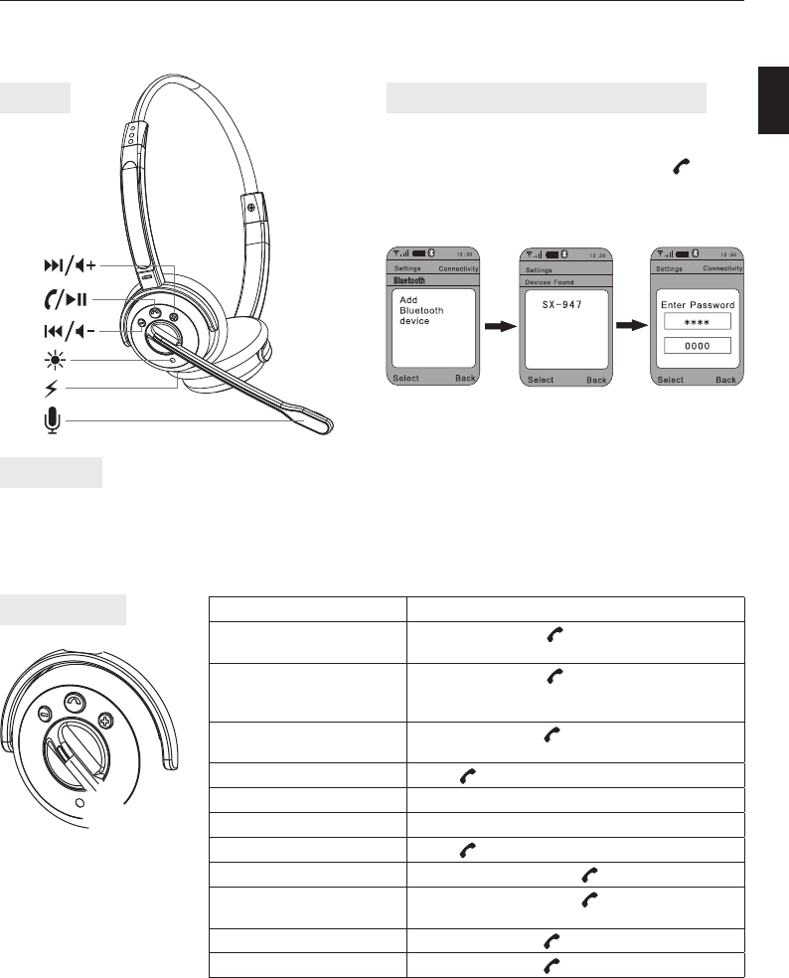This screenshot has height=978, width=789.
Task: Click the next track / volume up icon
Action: point(70,265)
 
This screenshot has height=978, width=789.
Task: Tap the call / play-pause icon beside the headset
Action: point(66,299)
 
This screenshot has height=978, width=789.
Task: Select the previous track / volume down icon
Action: point(70,331)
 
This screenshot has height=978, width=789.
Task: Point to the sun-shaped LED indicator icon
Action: point(55,361)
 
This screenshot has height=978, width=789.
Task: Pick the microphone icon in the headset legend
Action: point(53,420)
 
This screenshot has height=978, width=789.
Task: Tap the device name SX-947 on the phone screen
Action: point(562,305)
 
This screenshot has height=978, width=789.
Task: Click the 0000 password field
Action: point(698,346)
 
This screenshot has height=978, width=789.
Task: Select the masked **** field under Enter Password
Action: point(698,322)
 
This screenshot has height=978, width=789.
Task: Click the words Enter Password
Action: point(698,305)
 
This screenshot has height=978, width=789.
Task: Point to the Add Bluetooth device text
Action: point(421,311)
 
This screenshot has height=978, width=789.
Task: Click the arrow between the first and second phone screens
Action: point(501,326)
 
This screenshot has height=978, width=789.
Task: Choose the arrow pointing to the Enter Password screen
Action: point(632,326)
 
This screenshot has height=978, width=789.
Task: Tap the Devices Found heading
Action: point(550,282)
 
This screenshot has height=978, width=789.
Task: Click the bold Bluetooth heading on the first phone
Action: point(409,280)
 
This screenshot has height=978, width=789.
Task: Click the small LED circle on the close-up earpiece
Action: point(79,802)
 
